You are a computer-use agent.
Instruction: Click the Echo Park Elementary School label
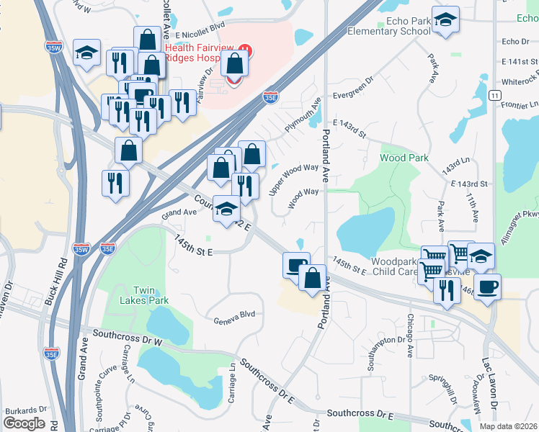point(389,26)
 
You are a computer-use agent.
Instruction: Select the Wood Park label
point(404,158)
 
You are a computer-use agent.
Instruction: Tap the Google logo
point(24,423)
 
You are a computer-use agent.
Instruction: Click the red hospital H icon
point(245,49)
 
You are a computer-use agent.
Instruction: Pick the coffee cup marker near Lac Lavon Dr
point(487,287)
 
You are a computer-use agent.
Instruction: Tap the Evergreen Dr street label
point(352,94)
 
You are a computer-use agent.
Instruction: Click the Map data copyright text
point(507,426)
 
